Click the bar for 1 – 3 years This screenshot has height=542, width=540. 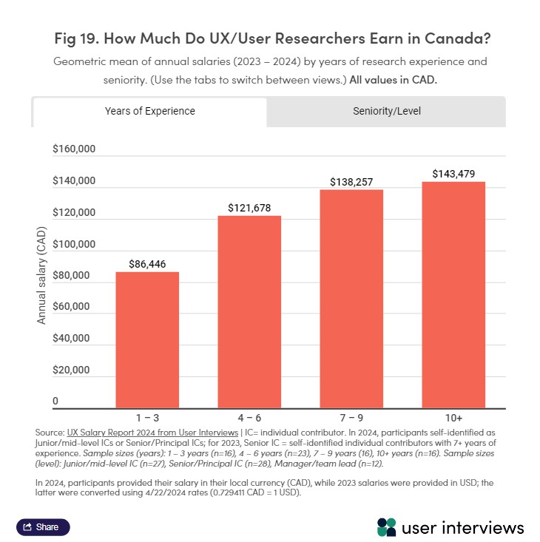pos(146,339)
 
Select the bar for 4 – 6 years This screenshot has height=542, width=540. pos(249,311)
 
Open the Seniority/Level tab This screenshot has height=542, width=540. pos(386,112)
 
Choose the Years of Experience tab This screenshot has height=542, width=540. pos(149,112)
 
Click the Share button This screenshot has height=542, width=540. pos(43,527)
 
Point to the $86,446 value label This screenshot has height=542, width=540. pos(146,263)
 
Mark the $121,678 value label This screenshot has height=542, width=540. pos(249,208)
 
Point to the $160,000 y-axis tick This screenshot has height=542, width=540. pos(74,149)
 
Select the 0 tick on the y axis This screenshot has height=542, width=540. pos(55,402)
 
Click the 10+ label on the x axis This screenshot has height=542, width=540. pos(453,418)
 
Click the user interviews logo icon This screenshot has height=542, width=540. pos(386,526)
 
